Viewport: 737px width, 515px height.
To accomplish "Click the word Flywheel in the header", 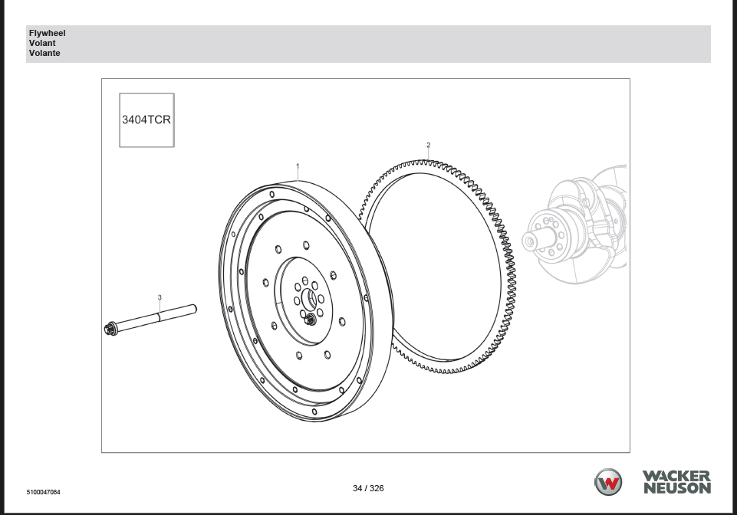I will click(x=47, y=34).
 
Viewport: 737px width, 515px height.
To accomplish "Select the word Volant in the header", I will click(x=42, y=44).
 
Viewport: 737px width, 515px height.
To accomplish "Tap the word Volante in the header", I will click(x=44, y=54).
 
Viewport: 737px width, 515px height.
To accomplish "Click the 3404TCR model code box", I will click(x=146, y=120).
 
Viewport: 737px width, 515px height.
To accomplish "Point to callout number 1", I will click(x=298, y=166).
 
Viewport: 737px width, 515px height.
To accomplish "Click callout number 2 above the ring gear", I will click(x=428, y=145).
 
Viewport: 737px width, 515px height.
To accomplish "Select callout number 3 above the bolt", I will click(x=160, y=297).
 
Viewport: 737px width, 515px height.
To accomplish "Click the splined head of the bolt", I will click(x=110, y=329).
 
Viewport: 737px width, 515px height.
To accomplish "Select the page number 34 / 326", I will click(x=368, y=488).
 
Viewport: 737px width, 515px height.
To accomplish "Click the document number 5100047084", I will click(x=43, y=491).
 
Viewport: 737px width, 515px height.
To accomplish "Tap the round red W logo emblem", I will click(x=608, y=482).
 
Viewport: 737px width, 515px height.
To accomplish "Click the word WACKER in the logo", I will click(x=676, y=476).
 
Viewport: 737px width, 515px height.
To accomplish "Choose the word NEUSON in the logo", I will click(x=676, y=488).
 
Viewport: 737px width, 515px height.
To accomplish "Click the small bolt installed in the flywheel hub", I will click(x=310, y=320).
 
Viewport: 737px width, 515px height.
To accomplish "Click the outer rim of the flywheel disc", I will click(x=230, y=307).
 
